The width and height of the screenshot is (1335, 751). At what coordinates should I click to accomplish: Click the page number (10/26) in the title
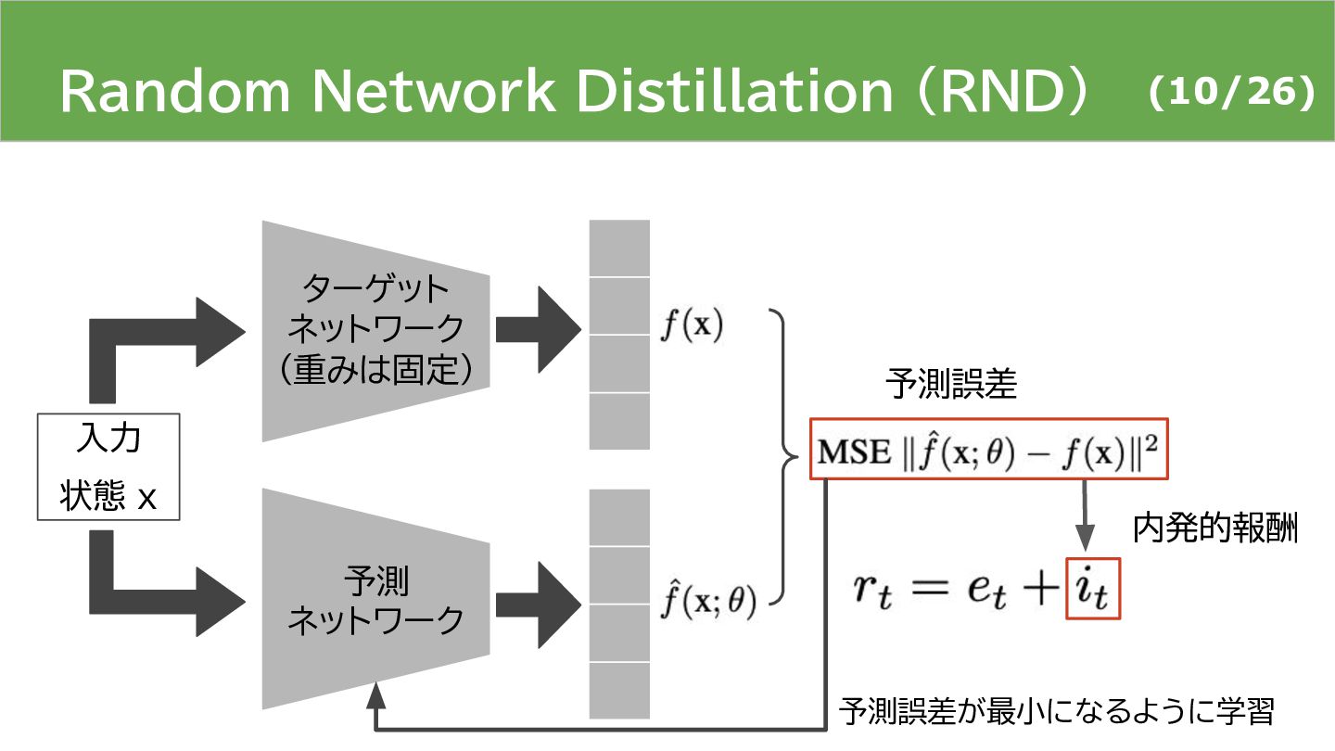point(1230,94)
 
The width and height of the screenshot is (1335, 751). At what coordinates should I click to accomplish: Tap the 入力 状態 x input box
point(108,466)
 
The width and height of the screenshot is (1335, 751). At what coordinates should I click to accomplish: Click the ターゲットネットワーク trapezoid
point(375,330)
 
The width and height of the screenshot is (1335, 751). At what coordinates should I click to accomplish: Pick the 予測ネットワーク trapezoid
point(375,599)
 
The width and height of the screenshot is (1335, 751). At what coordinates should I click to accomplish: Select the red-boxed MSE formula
point(989,451)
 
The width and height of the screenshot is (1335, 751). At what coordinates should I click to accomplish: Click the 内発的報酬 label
point(1215,528)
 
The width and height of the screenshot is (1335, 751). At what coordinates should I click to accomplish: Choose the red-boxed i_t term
point(1093,590)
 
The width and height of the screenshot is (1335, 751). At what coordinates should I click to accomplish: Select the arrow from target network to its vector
point(538,330)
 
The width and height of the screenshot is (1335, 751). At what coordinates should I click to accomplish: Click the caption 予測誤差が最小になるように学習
point(1057,712)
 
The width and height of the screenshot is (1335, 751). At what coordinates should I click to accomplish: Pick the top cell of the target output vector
point(619,248)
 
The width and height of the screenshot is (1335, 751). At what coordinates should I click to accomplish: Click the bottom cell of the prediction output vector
point(619,690)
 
